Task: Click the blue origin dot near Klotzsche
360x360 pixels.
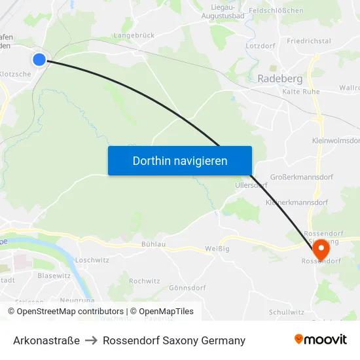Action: (x=39, y=60)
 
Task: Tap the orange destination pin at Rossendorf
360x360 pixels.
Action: (x=321, y=249)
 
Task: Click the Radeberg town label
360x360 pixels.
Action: (x=279, y=79)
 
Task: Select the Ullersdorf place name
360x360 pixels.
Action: (x=251, y=185)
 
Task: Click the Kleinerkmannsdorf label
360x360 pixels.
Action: (x=297, y=202)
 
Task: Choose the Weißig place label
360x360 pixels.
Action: (x=217, y=248)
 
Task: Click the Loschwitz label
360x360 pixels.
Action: (x=92, y=260)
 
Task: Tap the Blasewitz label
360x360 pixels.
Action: (x=54, y=276)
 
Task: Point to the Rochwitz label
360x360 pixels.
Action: (x=144, y=281)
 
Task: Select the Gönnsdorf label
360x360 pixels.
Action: (x=187, y=288)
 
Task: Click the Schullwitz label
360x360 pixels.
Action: (x=286, y=312)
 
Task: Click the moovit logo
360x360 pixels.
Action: (x=321, y=340)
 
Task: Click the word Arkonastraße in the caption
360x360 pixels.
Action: (x=46, y=340)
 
